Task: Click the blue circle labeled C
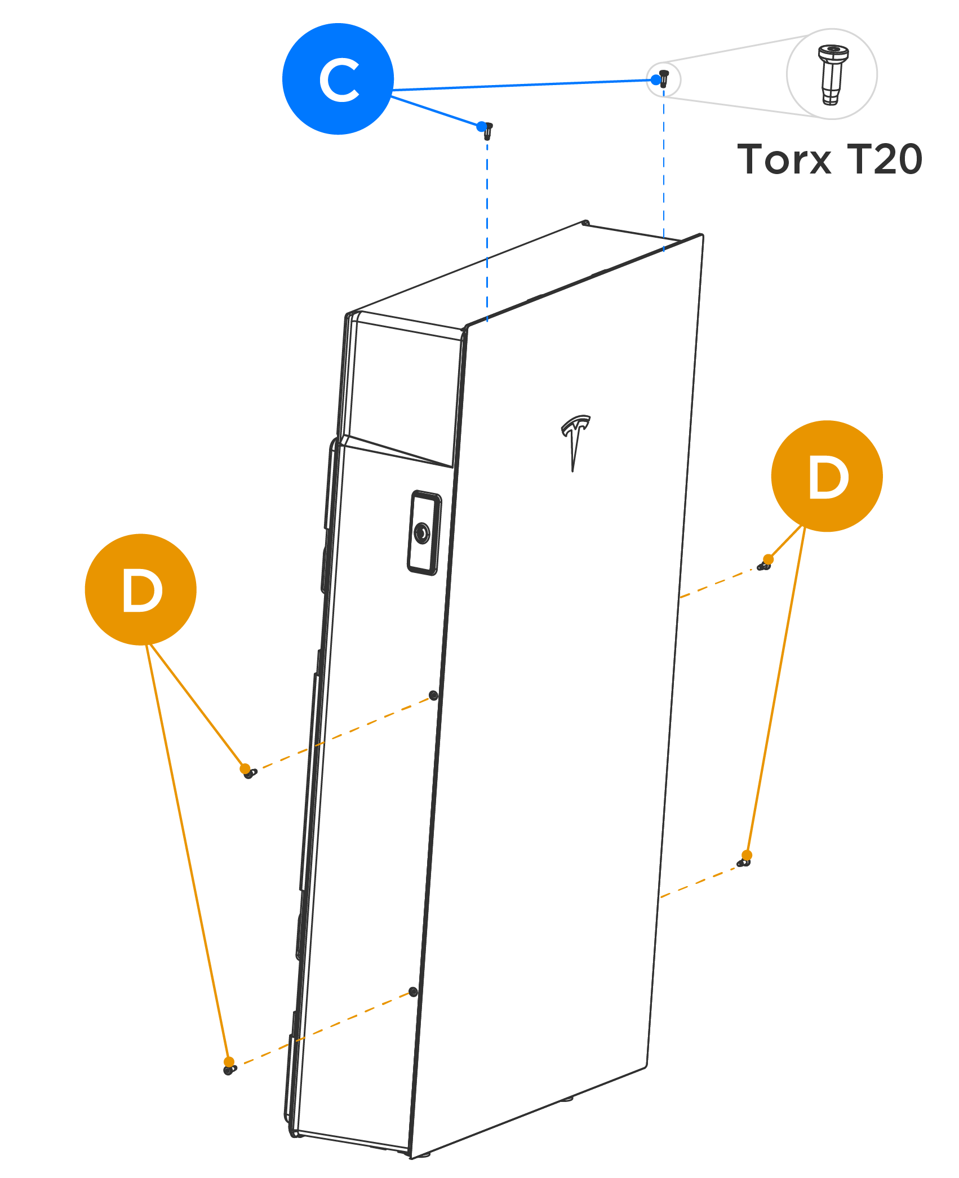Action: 338,79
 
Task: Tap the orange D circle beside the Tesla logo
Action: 827,476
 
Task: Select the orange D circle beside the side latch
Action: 140,589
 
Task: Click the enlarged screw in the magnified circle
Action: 832,74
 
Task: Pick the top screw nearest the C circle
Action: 488,131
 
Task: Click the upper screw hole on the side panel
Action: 433,695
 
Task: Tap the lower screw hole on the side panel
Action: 413,992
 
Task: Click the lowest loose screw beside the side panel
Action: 229,1069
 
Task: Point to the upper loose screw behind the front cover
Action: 764,565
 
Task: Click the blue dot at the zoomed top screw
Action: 655,80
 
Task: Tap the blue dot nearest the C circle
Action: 481,126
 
